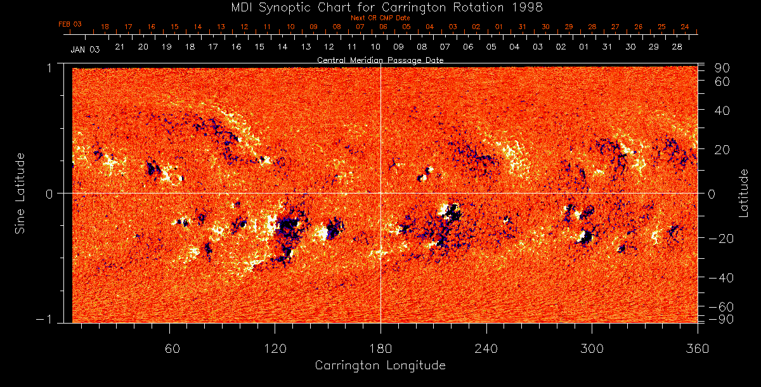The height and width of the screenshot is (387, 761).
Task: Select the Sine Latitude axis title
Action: (20, 192)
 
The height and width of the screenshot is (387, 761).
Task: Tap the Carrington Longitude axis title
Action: (380, 365)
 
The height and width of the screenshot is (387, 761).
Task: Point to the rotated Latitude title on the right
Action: (744, 193)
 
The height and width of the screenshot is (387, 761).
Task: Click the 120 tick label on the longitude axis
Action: (275, 348)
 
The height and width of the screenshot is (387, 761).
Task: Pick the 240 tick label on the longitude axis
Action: (486, 348)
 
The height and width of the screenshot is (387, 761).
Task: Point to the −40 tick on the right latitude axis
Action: (722, 278)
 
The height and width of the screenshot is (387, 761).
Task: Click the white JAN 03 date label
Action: (85, 49)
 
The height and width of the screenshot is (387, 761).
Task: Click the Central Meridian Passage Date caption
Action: (380, 60)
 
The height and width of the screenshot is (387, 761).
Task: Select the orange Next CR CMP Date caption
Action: (380, 18)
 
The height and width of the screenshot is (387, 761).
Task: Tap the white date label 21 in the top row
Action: (119, 48)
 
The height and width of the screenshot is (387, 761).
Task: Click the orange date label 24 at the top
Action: (685, 27)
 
